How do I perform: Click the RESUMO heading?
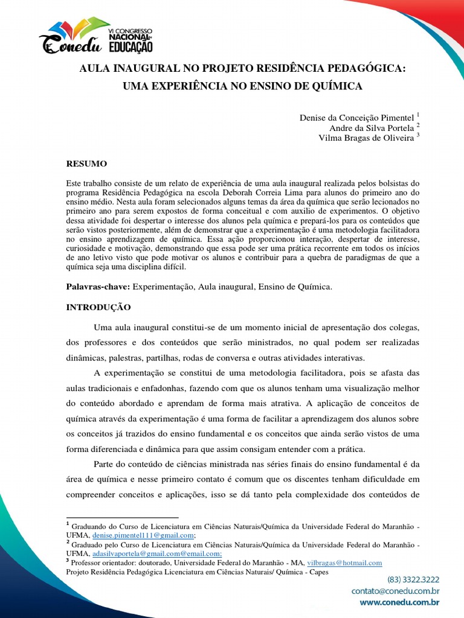86,164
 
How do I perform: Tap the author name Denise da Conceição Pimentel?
357,117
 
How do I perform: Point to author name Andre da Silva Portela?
371,127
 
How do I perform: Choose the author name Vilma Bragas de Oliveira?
366,138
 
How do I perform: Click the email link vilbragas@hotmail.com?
344,562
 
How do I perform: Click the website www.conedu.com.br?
399,602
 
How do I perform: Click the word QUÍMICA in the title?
335,86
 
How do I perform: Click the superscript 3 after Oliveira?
417,135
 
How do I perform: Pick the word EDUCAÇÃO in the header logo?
130,46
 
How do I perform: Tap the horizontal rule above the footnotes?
122,518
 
